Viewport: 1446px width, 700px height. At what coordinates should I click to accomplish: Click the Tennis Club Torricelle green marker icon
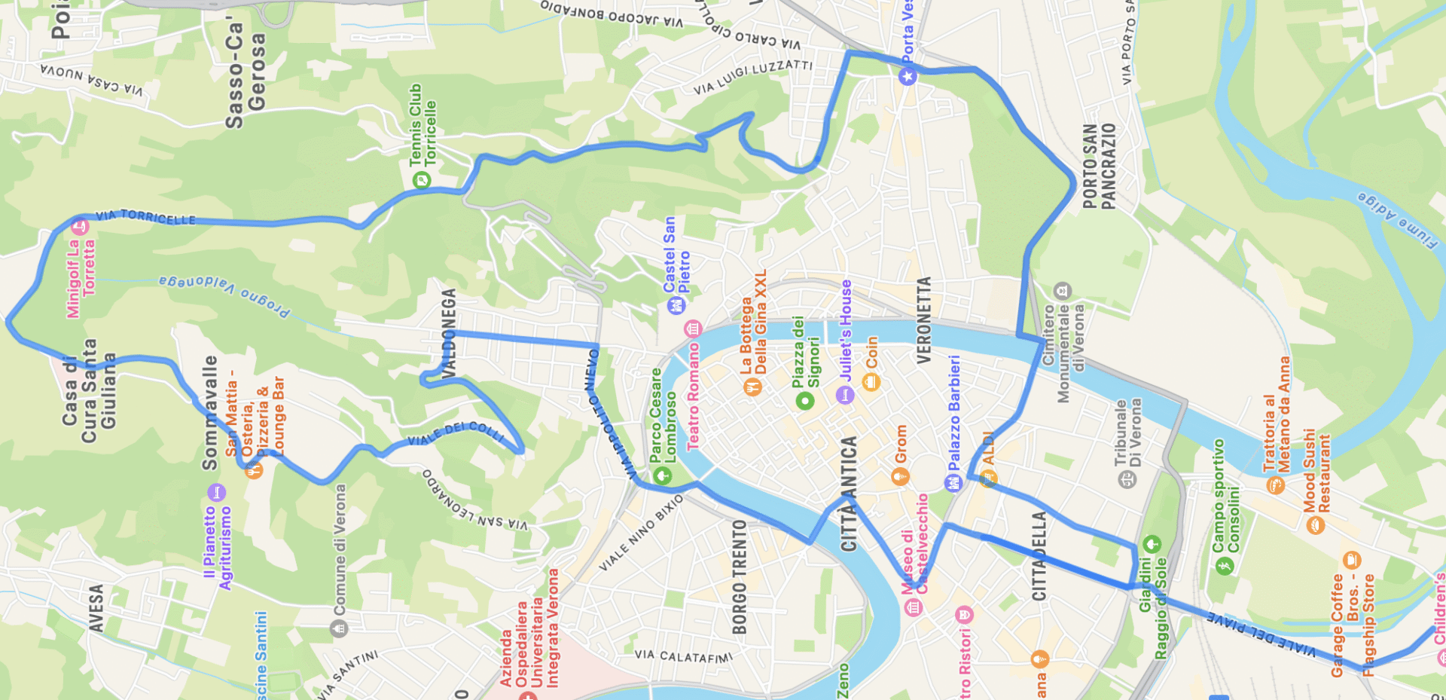(422, 179)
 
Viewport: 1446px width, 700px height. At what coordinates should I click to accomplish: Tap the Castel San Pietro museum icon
(676, 305)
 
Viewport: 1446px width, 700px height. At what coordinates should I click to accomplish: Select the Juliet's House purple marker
(845, 395)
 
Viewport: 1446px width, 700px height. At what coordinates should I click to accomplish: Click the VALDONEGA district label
(449, 333)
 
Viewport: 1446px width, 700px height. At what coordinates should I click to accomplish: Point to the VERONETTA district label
(924, 320)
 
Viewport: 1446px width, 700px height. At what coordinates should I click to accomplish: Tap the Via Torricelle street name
(145, 218)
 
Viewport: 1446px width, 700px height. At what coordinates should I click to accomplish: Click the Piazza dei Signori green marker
(805, 401)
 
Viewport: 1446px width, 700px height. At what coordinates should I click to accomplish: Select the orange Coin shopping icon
(871, 382)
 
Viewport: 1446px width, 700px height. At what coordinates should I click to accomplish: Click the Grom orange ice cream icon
(900, 476)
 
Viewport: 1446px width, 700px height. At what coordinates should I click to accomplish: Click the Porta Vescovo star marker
(908, 76)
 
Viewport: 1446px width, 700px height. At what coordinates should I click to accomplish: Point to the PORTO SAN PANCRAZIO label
(1099, 166)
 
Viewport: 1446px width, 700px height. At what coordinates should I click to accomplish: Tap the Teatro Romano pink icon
(692, 329)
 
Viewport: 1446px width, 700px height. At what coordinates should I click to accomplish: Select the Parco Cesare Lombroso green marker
(662, 475)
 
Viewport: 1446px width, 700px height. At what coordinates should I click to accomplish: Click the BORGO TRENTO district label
(740, 576)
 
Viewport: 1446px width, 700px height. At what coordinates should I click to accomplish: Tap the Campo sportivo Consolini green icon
(1225, 565)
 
